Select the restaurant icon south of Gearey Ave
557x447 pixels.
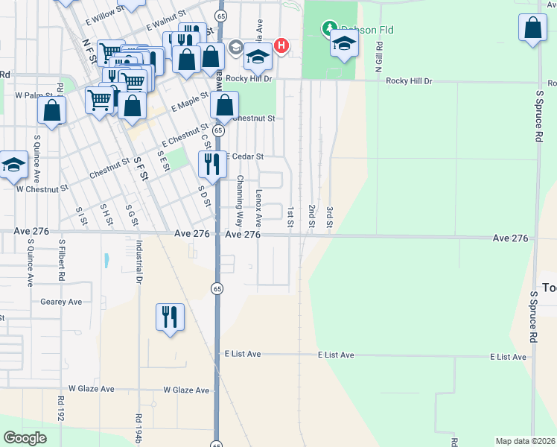pos(170,317)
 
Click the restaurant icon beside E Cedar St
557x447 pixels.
pos(212,164)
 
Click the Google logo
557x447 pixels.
pos(25,437)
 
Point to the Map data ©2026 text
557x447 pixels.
pos(525,441)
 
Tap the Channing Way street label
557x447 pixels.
pos(240,201)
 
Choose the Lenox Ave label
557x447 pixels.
pos(258,208)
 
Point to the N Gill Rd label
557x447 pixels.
pos(378,54)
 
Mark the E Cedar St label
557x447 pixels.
pos(244,156)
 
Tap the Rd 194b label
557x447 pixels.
pos(139,430)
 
